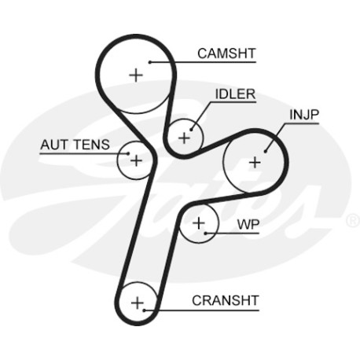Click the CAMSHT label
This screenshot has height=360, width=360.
(x=226, y=53)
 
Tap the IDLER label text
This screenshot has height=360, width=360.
(x=235, y=94)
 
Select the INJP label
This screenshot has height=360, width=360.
(x=304, y=115)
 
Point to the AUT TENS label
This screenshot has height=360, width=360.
(x=75, y=145)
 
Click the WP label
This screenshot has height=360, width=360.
(x=248, y=224)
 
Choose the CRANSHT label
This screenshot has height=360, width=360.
(x=226, y=300)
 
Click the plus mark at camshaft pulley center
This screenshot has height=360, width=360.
(x=136, y=75)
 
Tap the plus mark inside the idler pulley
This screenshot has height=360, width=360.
(x=184, y=138)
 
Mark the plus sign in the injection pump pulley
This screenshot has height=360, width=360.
(x=255, y=163)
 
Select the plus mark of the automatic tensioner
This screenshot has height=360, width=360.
(x=136, y=160)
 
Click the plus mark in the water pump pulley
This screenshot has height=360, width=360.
(x=199, y=223)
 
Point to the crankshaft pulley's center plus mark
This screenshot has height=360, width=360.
(x=138, y=303)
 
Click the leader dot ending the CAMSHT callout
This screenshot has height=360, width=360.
(x=150, y=62)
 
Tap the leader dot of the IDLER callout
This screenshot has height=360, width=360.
(x=191, y=130)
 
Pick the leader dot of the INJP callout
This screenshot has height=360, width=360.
(x=265, y=151)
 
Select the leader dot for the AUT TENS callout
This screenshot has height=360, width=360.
(x=128, y=153)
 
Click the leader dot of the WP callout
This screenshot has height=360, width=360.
(x=206, y=233)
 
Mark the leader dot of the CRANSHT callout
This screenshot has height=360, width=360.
(x=144, y=310)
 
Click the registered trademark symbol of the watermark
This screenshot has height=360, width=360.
(x=353, y=220)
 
